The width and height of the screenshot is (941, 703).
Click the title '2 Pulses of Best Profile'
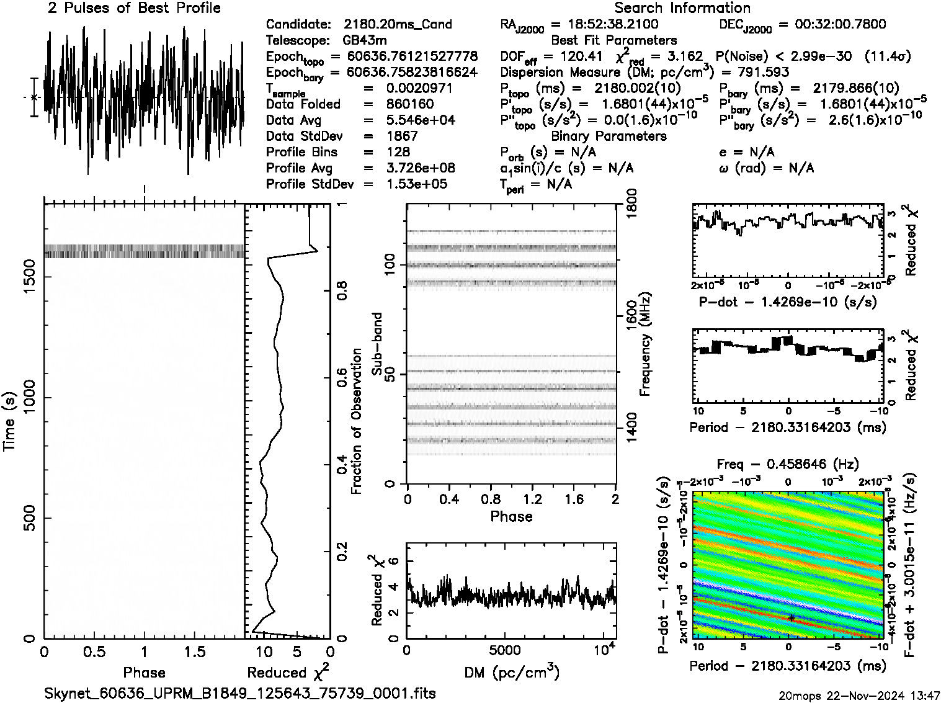click(x=134, y=8)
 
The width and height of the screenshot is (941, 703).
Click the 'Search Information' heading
click(x=682, y=8)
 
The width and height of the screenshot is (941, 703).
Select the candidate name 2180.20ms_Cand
click(x=398, y=25)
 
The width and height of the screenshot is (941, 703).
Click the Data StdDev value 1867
click(x=402, y=136)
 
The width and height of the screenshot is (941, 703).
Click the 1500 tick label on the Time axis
click(x=28, y=278)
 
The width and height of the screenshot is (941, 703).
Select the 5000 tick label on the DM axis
click(x=505, y=651)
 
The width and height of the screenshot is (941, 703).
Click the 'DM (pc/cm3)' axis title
click(x=511, y=673)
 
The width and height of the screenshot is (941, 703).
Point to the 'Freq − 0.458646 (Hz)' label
click(x=787, y=464)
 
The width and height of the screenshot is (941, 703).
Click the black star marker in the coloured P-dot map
click(x=791, y=617)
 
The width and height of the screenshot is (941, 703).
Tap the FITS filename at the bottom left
click(x=239, y=693)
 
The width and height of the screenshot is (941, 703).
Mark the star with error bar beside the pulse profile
click(x=34, y=97)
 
